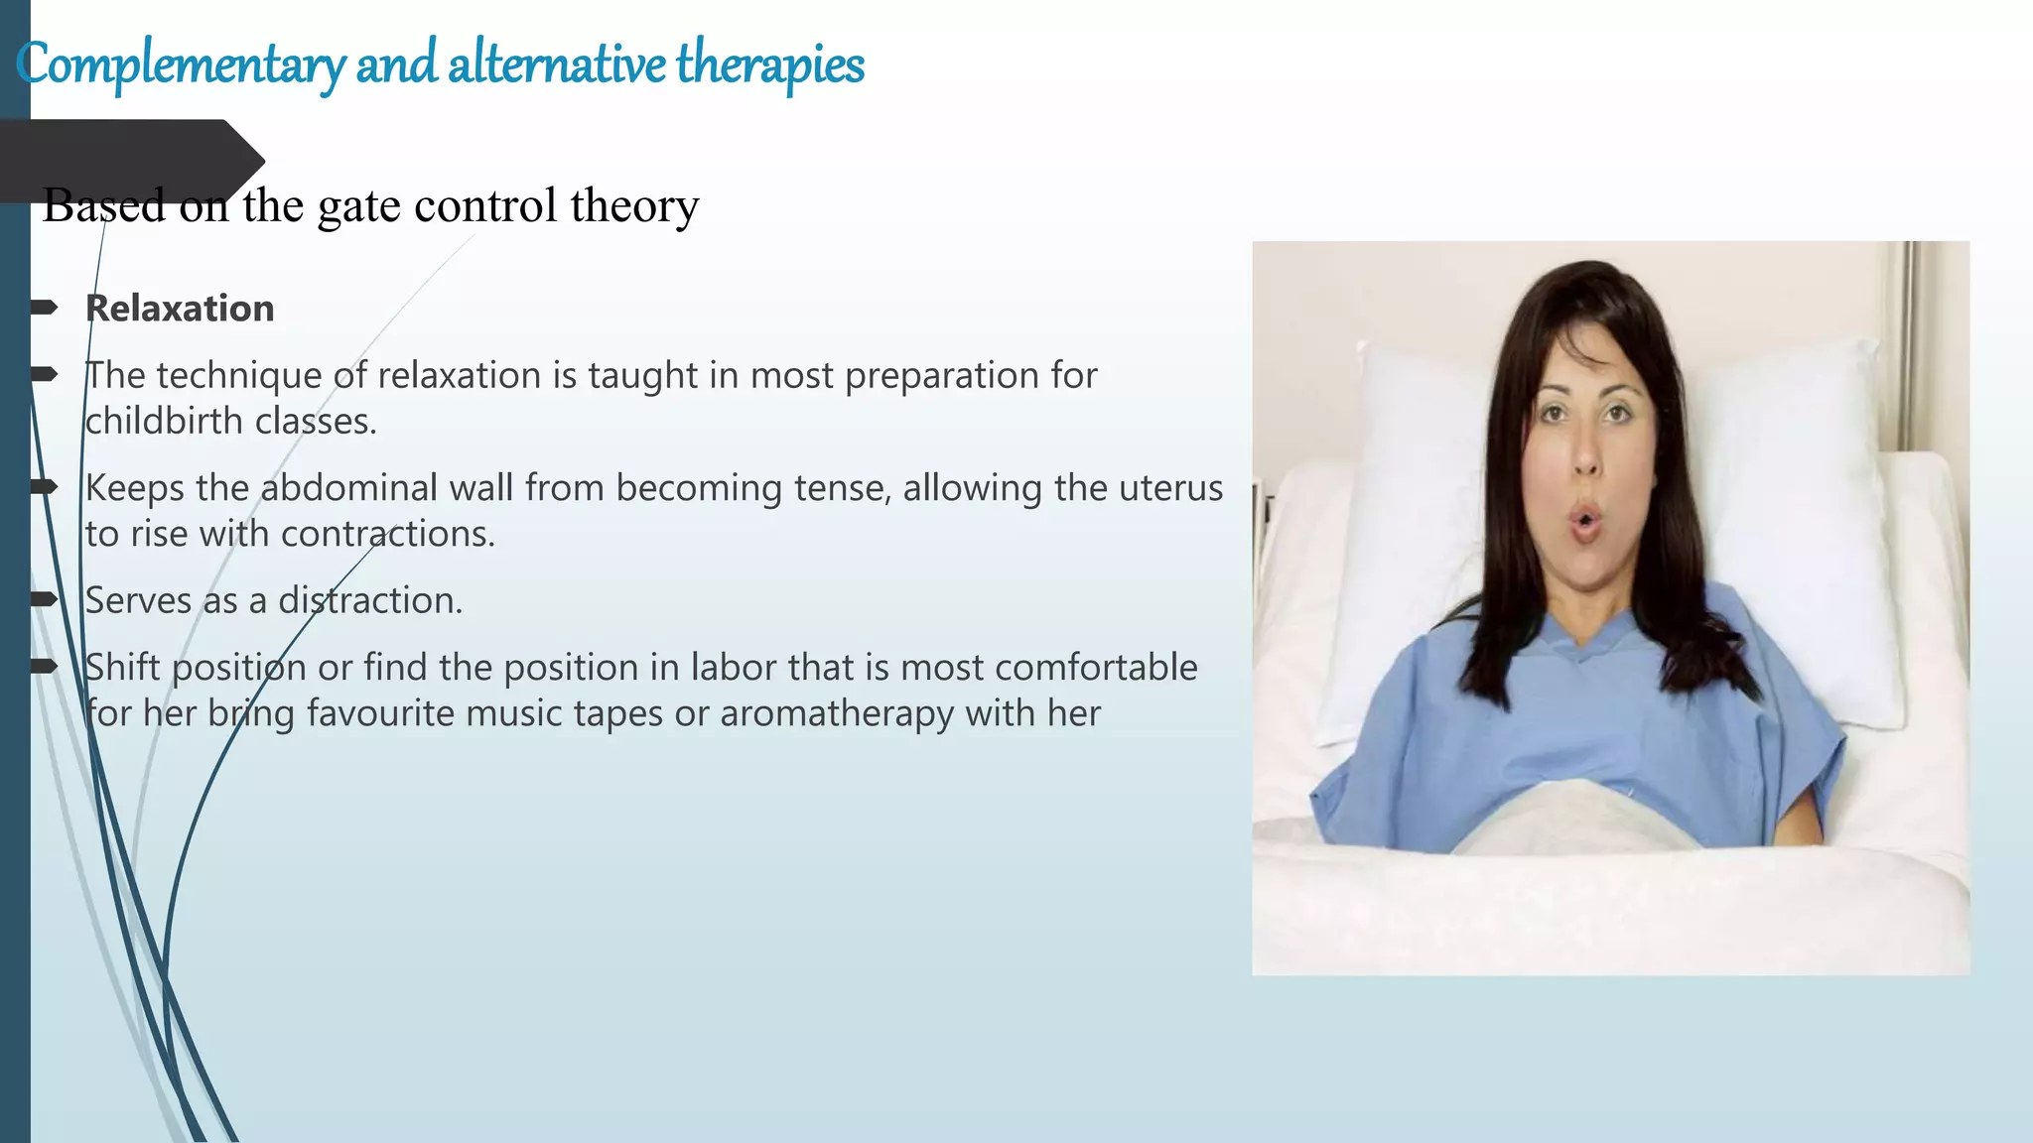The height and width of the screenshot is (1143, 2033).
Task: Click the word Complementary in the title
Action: pyautogui.click(x=181, y=65)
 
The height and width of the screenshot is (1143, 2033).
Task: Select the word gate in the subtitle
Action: pyautogui.click(x=358, y=206)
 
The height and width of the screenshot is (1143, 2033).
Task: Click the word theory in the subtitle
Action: pyautogui.click(x=634, y=206)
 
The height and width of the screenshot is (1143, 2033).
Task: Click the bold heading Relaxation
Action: pyautogui.click(x=180, y=309)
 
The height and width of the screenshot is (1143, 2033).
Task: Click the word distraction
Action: pyautogui.click(x=369, y=601)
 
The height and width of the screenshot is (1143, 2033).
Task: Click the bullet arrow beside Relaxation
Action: pyautogui.click(x=44, y=308)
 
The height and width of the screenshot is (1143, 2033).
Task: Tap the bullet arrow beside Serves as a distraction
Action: pyautogui.click(x=44, y=598)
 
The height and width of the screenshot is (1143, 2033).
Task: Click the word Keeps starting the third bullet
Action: pyautogui.click(x=135, y=488)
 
